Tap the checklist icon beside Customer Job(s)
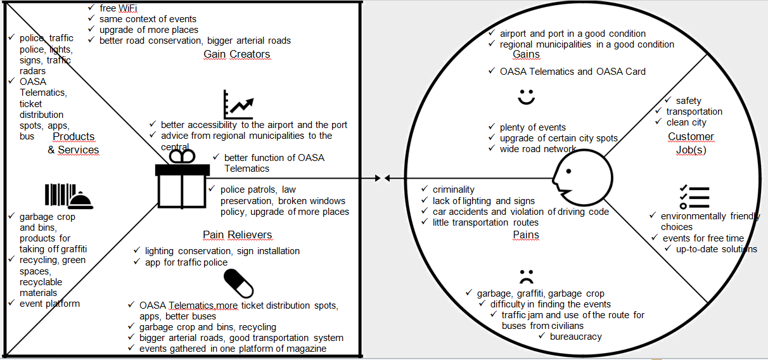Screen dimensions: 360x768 pyautogui.click(x=693, y=197)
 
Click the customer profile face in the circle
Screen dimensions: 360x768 pyautogui.click(x=581, y=179)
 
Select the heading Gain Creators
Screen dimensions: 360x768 pyautogui.click(x=236, y=55)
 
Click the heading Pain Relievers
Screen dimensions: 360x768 pyautogui.click(x=237, y=235)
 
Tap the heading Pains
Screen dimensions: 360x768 pyautogui.click(x=525, y=235)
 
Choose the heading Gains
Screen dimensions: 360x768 pyautogui.click(x=526, y=55)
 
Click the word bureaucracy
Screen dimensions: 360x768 pyautogui.click(x=575, y=337)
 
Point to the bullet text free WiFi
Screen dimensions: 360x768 pyautogui.click(x=118, y=8)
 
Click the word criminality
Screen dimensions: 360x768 pyautogui.click(x=453, y=190)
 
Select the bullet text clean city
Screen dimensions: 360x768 pyautogui.click(x=686, y=122)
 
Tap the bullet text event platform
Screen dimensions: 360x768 pyautogui.click(x=49, y=304)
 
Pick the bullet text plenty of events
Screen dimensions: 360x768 pyautogui.click(x=532, y=127)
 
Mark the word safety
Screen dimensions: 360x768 pyautogui.click(x=688, y=101)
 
